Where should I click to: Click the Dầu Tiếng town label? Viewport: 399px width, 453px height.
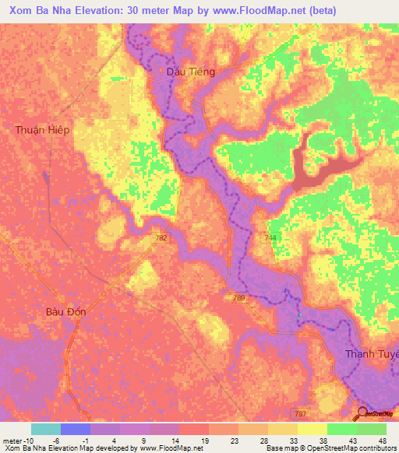pyautogui.click(x=191, y=71)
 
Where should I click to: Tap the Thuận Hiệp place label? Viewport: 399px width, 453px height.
pyautogui.click(x=42, y=130)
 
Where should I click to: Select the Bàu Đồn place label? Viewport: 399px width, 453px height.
pyautogui.click(x=65, y=311)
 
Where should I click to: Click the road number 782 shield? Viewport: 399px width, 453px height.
pyautogui.click(x=161, y=238)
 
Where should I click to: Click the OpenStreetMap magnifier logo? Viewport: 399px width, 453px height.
pyautogui.click(x=365, y=413)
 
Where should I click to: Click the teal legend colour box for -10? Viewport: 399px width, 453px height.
pyautogui.click(x=46, y=429)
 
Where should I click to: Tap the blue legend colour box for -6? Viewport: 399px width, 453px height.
pyautogui.click(x=76, y=429)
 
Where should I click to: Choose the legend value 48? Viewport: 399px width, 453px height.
pyautogui.click(x=381, y=440)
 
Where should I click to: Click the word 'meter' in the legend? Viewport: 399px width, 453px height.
pyautogui.click(x=15, y=440)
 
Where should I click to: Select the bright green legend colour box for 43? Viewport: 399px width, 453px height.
pyautogui.click(x=342, y=429)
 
